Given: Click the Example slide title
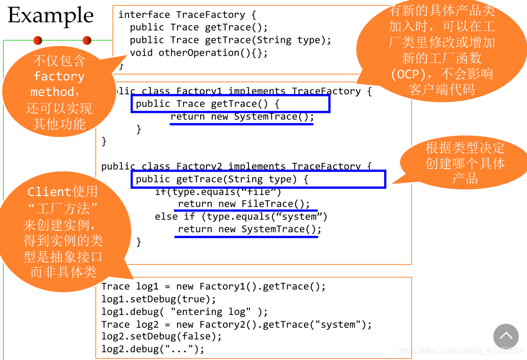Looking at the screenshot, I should pos(51,15).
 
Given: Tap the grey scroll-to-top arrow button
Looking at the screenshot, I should pos(506,336).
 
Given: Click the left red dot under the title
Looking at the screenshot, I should pos(38,40).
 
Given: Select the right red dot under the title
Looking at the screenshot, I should pos(87,40).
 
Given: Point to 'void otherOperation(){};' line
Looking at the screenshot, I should pos(198,53).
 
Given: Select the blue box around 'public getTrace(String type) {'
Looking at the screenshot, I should pos(258,179).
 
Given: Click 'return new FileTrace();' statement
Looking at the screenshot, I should pos(244,204).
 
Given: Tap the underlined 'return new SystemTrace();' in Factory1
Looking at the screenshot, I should pos(242,117).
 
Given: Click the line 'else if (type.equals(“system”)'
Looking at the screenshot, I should pos(241,217).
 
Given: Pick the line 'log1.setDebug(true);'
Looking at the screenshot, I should pos(159,299).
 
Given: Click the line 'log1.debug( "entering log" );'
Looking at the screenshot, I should pos(185,311).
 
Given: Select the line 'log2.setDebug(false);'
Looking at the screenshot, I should pos(162,337).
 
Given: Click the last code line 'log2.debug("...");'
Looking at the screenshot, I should pos(153,349).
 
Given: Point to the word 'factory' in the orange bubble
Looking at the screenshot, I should pos(59,77).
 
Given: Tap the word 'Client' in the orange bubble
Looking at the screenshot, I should pos(49,192).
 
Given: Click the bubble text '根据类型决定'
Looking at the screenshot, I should pos(465,148).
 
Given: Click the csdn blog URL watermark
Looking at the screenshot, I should pos(461,351).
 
